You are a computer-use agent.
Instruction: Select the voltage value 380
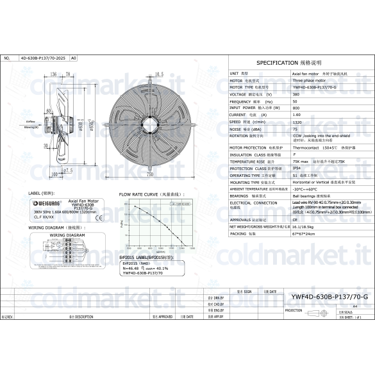296,94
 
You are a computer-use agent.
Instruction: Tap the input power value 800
296,108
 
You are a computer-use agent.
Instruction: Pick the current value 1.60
297,115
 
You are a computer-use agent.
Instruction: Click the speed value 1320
297,121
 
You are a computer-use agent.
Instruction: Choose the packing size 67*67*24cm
306,234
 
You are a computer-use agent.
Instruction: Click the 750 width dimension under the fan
149,174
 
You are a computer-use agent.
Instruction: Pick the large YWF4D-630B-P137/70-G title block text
329,297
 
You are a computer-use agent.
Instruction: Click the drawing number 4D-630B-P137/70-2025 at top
42,58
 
